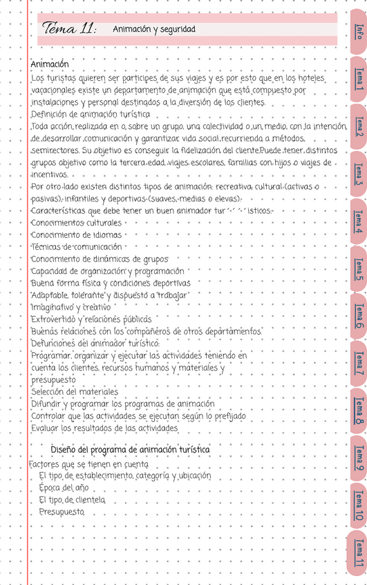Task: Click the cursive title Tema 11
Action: pos(69,29)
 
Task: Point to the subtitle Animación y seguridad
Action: pos(154,30)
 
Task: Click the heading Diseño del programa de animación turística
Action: pos(130,450)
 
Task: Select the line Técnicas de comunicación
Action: pos(76,247)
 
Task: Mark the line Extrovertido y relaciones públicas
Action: pos(91,319)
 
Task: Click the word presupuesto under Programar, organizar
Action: pos(54,379)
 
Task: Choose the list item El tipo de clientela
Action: pos(72,499)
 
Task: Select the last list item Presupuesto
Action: pos(62,512)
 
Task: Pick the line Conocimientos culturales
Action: pos(76,223)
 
